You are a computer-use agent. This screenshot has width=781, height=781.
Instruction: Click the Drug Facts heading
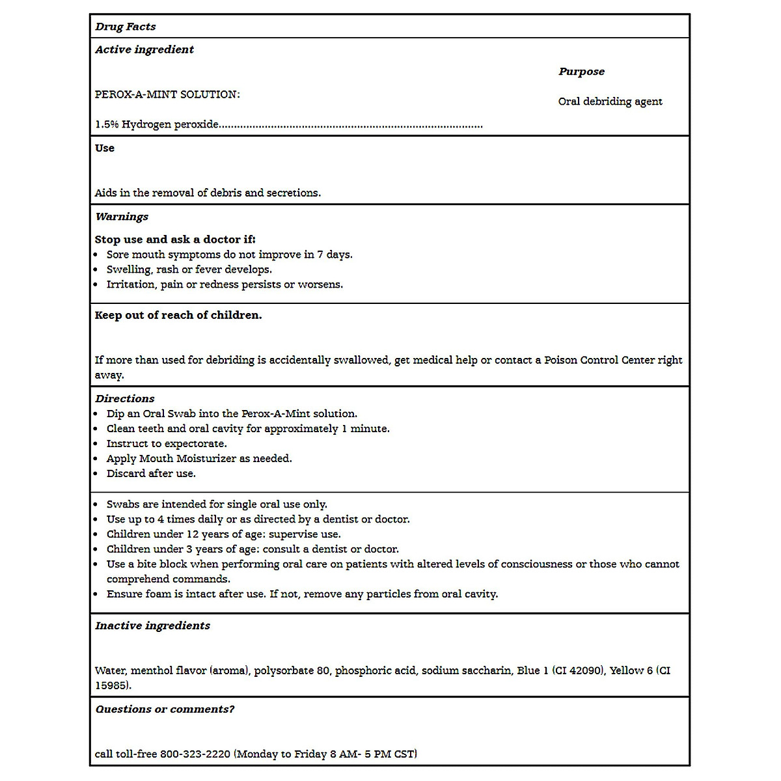coord(125,27)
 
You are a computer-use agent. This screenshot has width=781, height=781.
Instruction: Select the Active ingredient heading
coord(144,49)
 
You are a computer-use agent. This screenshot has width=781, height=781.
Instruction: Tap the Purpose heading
coord(581,72)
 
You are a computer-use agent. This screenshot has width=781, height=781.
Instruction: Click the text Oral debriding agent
coord(610,102)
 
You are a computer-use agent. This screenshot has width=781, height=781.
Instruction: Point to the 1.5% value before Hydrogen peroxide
coord(107,124)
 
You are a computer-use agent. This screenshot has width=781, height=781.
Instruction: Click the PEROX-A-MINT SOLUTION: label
coord(167,94)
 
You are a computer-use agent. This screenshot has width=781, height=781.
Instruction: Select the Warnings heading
coord(122,217)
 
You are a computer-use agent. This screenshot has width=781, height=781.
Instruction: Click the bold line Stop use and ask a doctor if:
coord(175,240)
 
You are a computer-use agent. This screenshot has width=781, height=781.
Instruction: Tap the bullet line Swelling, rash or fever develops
coord(189,269)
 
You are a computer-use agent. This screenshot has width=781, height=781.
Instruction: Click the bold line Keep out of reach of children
coord(178,315)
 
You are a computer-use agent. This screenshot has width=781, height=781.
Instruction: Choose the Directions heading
coord(124,398)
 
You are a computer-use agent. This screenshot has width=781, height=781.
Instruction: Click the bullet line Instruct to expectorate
coord(167,444)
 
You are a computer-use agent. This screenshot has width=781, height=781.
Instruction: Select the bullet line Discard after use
coord(151,474)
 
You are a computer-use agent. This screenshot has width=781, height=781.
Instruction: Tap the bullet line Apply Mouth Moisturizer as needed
coord(199,459)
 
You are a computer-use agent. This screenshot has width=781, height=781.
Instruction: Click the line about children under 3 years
coord(253,549)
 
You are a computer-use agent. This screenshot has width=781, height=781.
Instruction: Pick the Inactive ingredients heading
coord(152,625)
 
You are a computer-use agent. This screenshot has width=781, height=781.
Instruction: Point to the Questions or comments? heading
coord(165,709)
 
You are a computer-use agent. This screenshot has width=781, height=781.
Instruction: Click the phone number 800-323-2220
coord(195,754)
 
